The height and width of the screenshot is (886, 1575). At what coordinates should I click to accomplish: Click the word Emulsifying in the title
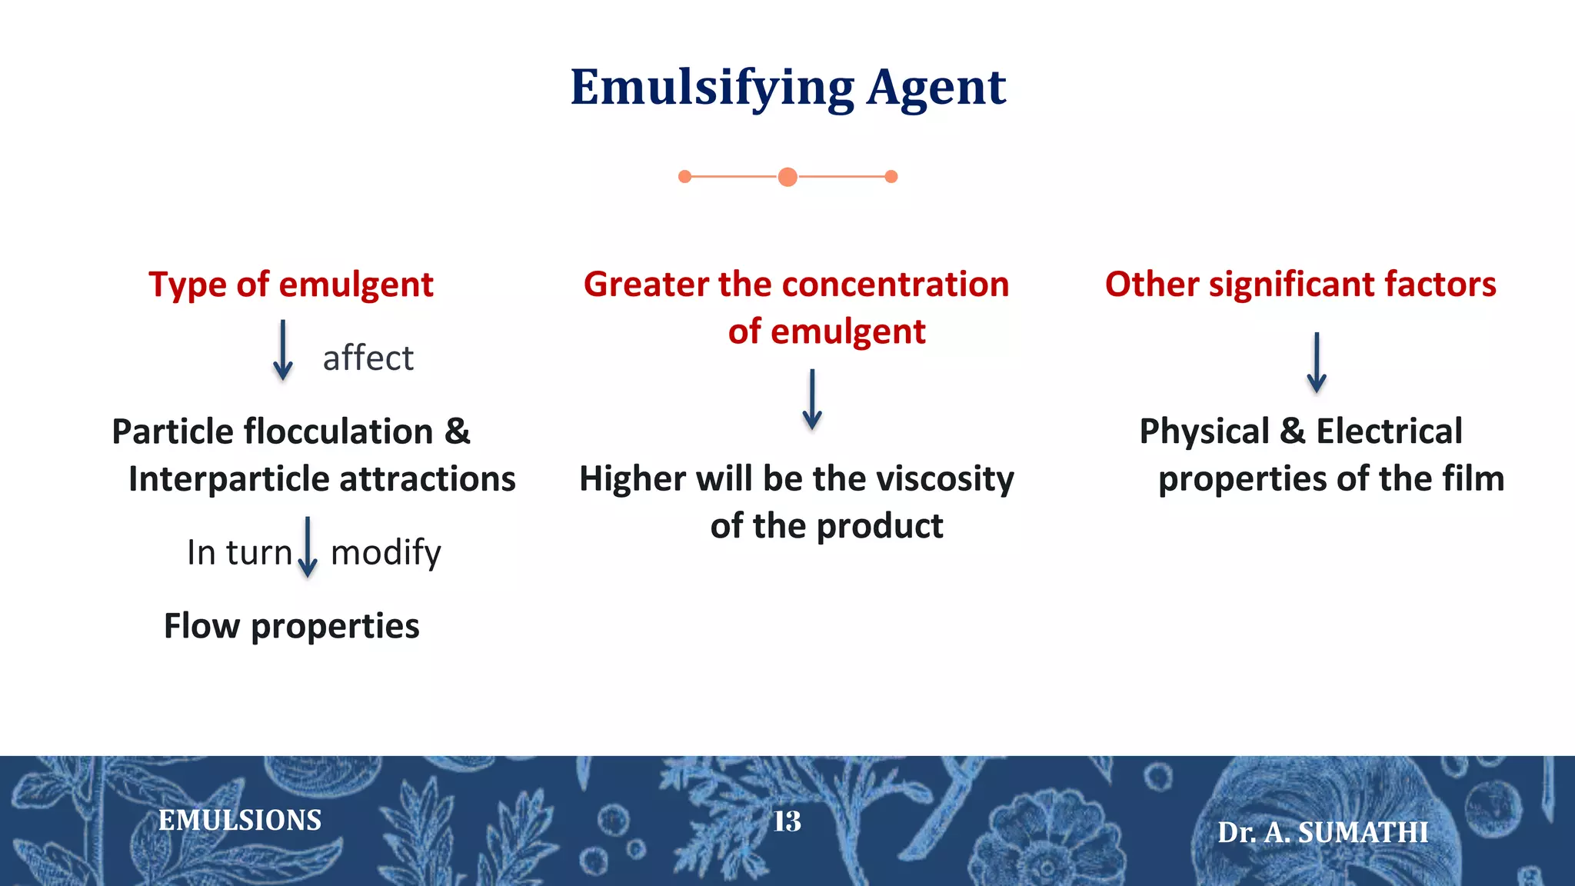click(711, 88)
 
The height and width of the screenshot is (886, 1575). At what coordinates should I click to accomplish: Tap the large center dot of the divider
click(787, 177)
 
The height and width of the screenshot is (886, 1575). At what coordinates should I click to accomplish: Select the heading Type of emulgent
click(291, 285)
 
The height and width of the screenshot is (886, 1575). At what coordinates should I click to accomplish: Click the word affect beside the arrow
click(368, 358)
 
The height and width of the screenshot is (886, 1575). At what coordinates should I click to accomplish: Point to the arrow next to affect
click(283, 351)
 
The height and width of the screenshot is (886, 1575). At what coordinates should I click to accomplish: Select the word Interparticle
click(228, 479)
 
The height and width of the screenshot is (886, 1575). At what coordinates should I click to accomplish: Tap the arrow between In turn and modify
click(308, 547)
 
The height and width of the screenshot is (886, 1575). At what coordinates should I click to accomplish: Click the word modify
click(385, 552)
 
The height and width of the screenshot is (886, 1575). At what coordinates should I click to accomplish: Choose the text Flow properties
click(291, 626)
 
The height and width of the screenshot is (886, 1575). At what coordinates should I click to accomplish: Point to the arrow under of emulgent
click(812, 399)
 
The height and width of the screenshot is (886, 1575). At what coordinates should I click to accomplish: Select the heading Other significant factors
click(1300, 285)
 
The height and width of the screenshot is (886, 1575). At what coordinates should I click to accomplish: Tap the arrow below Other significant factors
click(1317, 362)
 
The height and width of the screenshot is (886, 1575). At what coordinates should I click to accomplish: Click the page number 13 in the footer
click(787, 821)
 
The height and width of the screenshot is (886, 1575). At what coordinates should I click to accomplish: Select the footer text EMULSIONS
click(240, 821)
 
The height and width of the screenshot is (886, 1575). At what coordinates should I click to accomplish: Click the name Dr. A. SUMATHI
click(1323, 832)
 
